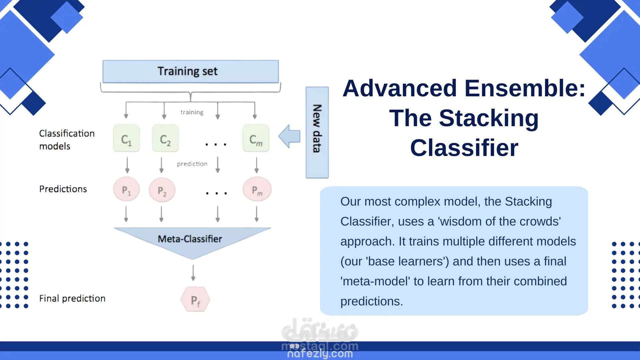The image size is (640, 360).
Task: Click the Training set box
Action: click(191, 71)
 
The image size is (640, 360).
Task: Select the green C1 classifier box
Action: click(126, 138)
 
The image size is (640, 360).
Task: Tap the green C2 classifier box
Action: click(165, 138)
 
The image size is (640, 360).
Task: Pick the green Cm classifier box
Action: click(256, 138)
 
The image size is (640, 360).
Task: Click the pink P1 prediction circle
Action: click(126, 189)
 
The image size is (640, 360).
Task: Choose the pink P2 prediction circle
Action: click(162, 190)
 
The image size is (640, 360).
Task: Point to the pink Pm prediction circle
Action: click(257, 189)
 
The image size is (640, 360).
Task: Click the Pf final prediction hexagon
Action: click(195, 299)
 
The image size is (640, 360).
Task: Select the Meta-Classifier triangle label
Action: click(190, 239)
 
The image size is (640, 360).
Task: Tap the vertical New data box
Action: click(317, 132)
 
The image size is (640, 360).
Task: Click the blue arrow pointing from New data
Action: click(289, 136)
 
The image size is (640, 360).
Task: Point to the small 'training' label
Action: click(192, 112)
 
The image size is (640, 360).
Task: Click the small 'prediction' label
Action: click(192, 164)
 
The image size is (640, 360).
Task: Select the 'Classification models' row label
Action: click(67, 140)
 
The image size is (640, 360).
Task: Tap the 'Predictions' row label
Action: click(63, 189)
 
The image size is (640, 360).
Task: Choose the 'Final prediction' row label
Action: click(72, 298)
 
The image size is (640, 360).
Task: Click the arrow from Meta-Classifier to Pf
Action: click(193, 273)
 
